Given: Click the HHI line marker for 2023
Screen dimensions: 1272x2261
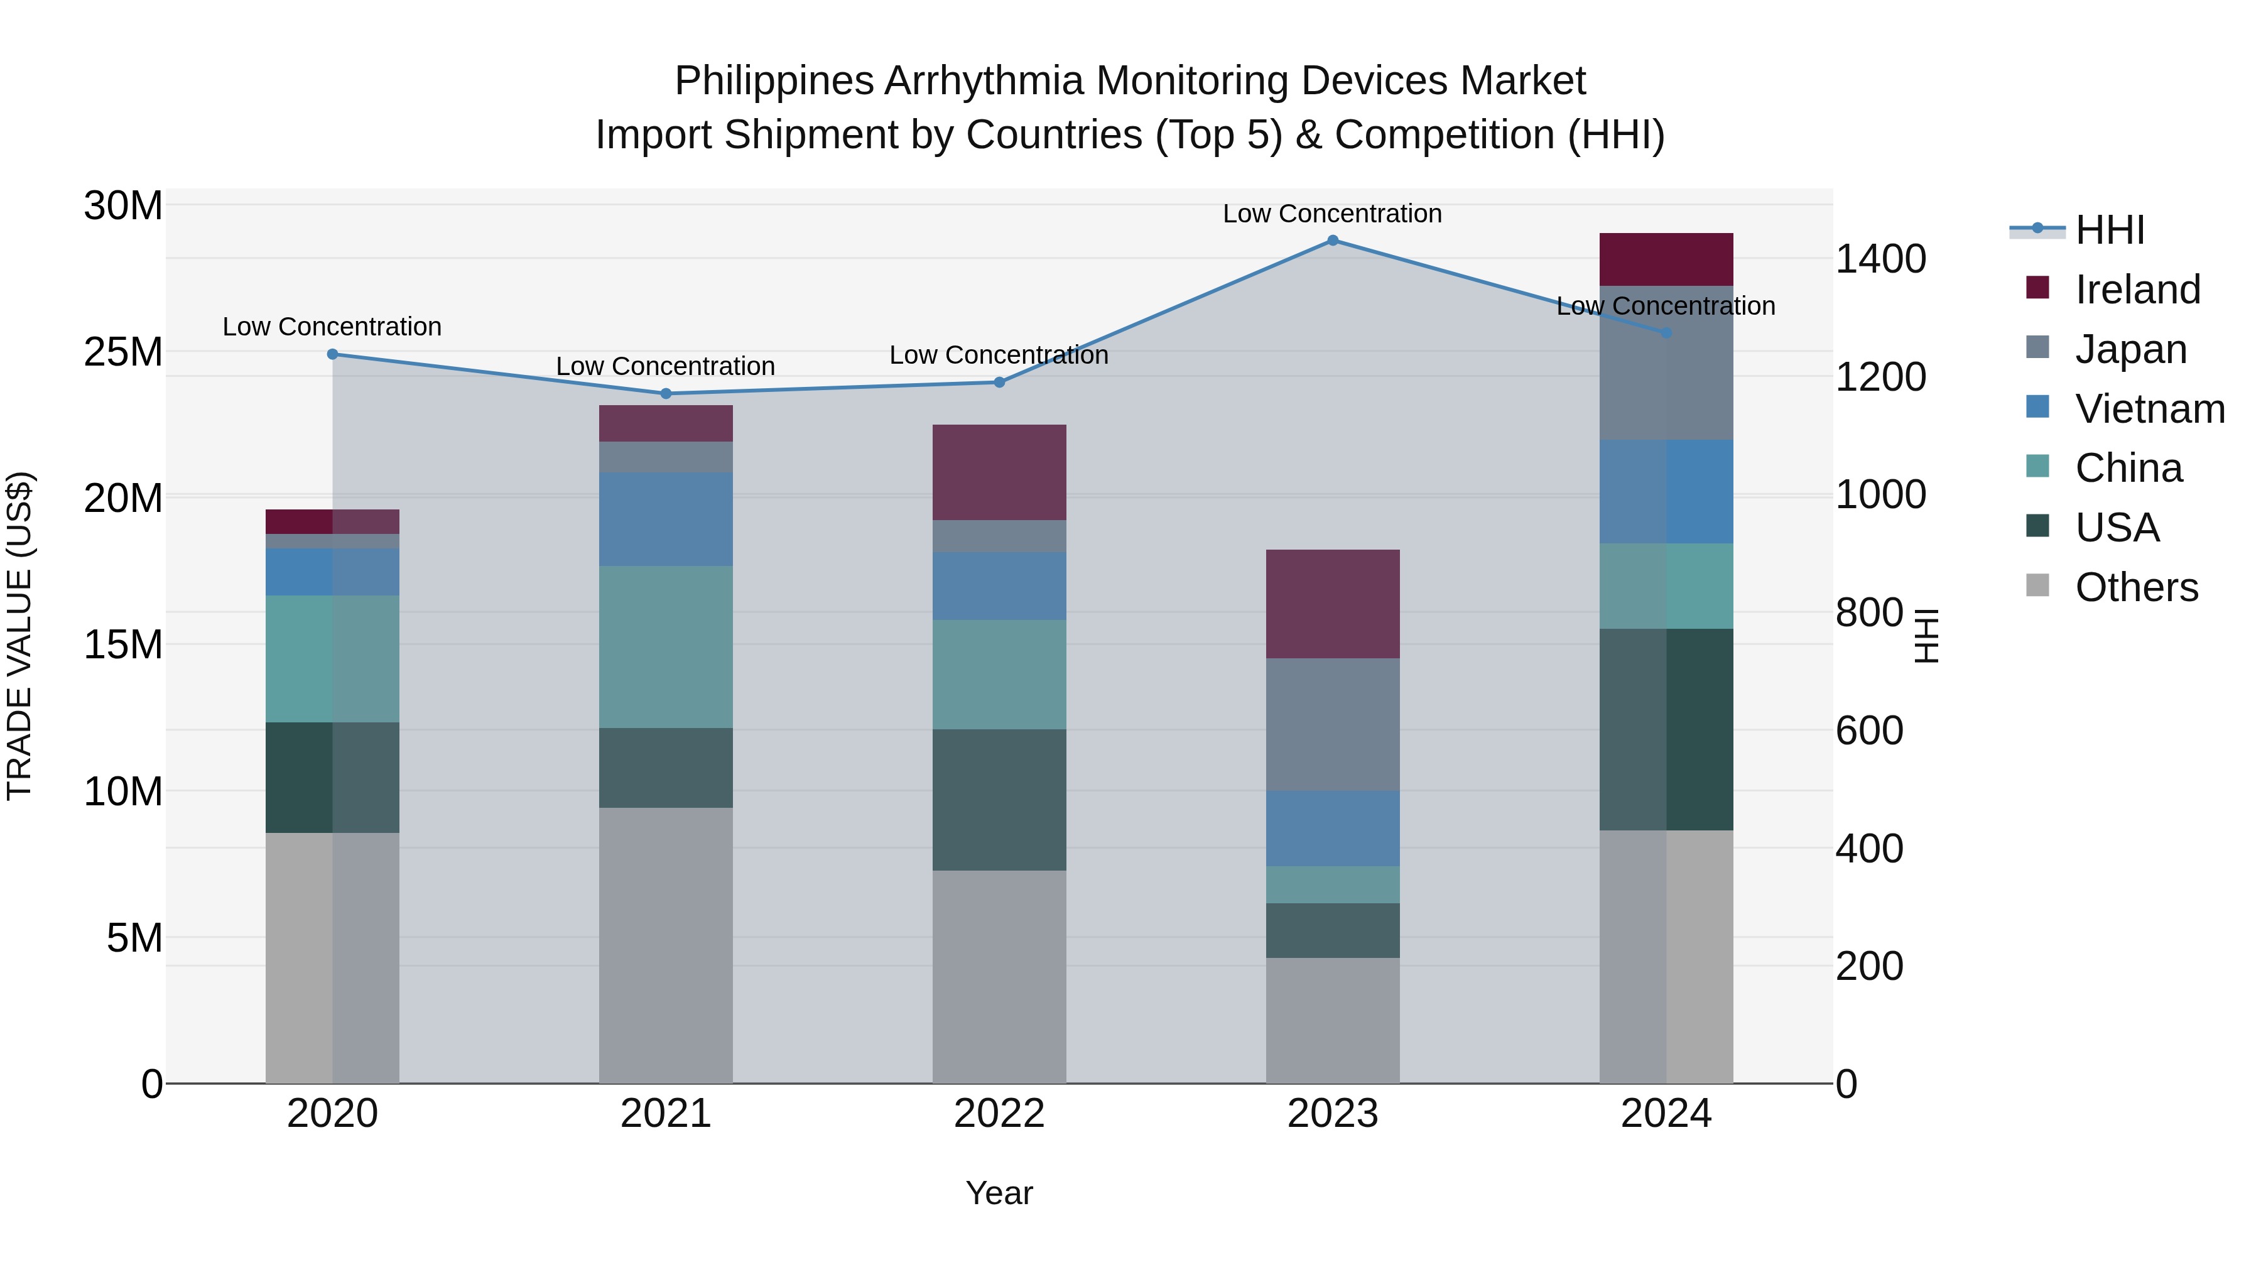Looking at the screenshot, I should coord(1332,241).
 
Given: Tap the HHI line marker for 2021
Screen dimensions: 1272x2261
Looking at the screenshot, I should coord(665,393).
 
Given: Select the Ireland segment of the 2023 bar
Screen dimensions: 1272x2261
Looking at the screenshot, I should coord(1332,604).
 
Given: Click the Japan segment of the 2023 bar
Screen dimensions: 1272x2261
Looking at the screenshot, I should coord(1332,724).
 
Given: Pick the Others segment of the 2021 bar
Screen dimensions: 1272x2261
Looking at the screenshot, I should coord(665,945).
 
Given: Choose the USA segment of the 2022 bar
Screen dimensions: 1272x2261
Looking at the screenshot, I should coord(999,800).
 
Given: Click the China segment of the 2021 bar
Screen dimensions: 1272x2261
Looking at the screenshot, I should coord(665,647).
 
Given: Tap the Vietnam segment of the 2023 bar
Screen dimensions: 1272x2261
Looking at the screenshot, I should coord(1332,828).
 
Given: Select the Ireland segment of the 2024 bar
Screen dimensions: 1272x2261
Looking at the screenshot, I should coord(1666,260).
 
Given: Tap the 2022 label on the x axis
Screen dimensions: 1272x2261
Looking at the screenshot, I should coord(999,1114).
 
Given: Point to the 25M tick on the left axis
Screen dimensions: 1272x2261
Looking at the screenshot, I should coord(123,352).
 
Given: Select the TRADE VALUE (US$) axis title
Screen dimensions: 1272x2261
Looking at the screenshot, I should coord(20,636).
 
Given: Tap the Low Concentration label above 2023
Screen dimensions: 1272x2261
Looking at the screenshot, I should coord(1332,214).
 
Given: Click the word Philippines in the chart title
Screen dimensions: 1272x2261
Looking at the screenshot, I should coord(774,81).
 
